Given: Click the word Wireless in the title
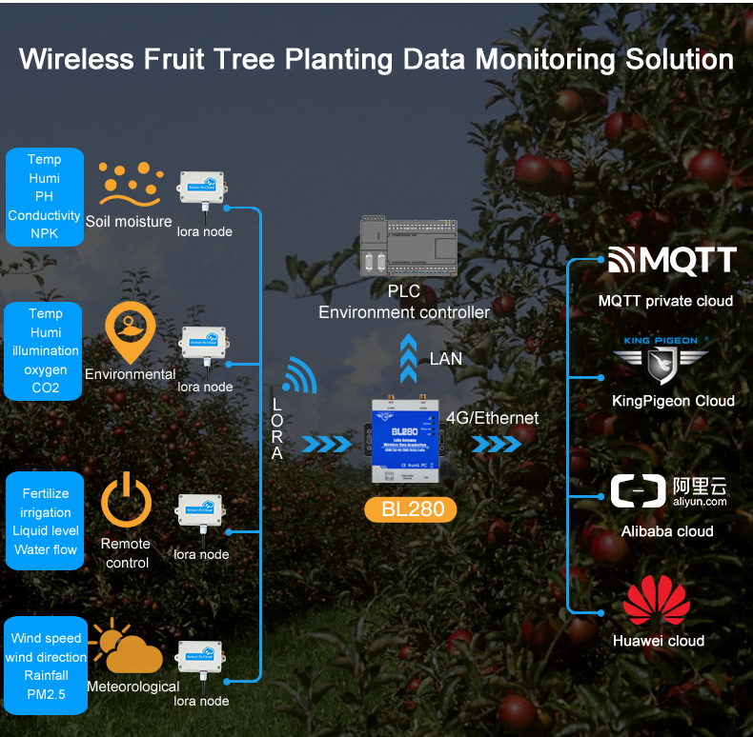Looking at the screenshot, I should (76, 59).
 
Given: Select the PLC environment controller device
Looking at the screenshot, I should (405, 247).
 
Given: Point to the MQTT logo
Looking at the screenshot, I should (672, 260).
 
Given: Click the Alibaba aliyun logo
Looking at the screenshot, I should (668, 492).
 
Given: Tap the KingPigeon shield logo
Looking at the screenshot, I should (661, 365).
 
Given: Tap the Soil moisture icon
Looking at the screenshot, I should (131, 185).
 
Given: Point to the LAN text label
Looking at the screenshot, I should (446, 359).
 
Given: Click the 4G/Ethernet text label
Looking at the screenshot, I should (492, 418).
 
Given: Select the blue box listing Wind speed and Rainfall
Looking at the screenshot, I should (46, 667).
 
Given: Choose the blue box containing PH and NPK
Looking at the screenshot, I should (45, 196).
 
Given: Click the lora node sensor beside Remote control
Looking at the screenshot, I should (200, 514).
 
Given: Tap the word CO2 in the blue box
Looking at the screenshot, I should (46, 388).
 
